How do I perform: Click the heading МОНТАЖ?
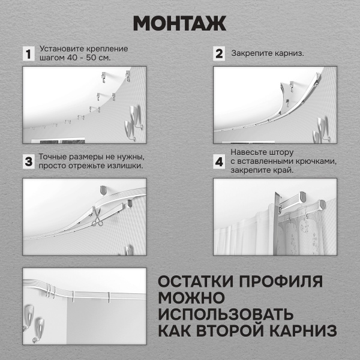click(x=179, y=22)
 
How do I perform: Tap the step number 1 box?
click(x=27, y=53)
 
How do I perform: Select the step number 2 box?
click(x=219, y=53)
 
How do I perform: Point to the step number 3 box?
click(x=27, y=161)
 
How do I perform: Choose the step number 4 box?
click(x=219, y=161)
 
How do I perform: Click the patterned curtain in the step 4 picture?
click(x=303, y=240)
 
